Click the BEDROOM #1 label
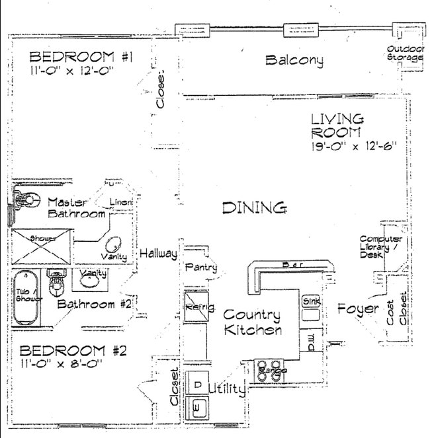tap(81, 57)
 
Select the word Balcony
tap(294, 61)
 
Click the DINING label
tap(254, 208)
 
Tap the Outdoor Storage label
tap(404, 54)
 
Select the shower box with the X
tap(41, 246)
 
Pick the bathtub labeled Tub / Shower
tap(26, 298)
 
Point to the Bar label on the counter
tap(291, 265)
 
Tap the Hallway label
tap(158, 254)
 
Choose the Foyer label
tap(357, 309)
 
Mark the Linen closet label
tap(121, 201)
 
